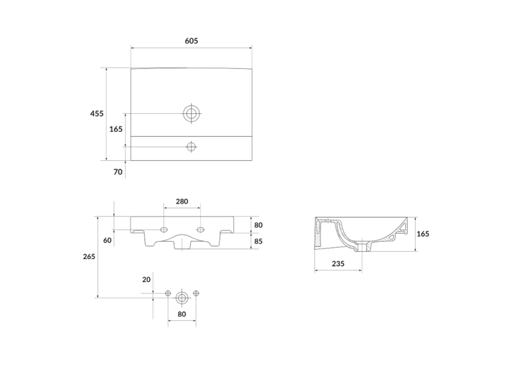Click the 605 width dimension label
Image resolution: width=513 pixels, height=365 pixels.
[192, 41]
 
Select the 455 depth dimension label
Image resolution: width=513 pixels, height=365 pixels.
[97, 113]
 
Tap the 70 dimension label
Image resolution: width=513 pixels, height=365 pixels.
[118, 171]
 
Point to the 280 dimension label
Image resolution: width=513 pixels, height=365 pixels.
[182, 202]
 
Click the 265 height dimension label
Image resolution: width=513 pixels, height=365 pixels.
[89, 257]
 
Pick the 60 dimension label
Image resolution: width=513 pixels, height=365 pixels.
[107, 240]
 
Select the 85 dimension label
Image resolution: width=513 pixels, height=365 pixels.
[259, 241]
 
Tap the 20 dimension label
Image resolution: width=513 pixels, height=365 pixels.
[146, 280]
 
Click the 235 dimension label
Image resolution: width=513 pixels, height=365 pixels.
[338, 264]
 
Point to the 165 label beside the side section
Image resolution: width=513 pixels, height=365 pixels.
[423, 234]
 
